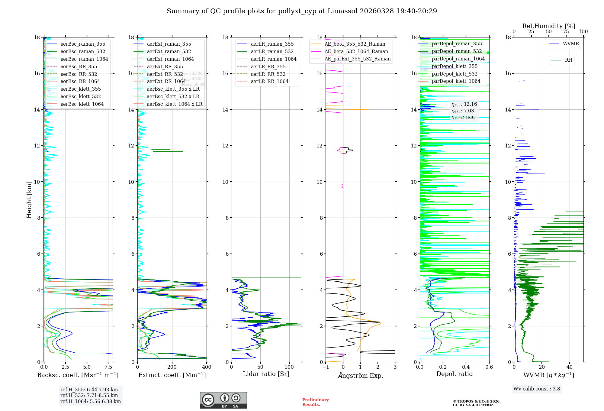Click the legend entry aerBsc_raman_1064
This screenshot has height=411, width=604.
click(84, 59)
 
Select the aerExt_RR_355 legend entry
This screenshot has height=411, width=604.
click(165, 67)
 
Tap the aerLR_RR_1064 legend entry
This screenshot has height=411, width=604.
click(269, 82)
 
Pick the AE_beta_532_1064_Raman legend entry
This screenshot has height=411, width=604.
click(356, 52)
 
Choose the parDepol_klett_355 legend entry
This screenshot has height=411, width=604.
click(455, 66)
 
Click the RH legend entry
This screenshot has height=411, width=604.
click(568, 60)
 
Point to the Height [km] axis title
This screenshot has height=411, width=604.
click(29, 200)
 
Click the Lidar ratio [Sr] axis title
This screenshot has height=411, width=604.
click(266, 374)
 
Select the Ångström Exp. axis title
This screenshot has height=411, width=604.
click(360, 376)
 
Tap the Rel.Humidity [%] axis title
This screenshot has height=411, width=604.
click(548, 26)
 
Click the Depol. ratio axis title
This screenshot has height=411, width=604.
click(454, 374)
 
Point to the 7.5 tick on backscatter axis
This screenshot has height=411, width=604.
click(108, 367)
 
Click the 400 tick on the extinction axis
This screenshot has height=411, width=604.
click(207, 367)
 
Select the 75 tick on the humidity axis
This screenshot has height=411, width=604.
click(566, 32)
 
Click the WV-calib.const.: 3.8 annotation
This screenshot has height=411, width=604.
click(537, 389)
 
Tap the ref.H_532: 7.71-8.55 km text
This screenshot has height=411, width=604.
click(89, 396)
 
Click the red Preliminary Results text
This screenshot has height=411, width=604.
click(315, 402)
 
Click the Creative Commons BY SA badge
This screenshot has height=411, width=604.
click(223, 400)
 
